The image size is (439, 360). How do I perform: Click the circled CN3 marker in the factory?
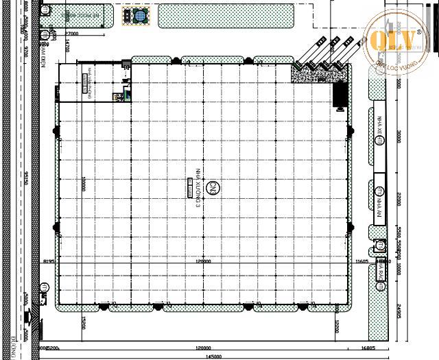[x=213, y=187]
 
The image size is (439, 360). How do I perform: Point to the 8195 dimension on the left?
[x=48, y=261]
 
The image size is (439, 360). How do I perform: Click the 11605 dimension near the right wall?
[x=362, y=261]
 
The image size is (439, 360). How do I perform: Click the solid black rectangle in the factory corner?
[x=339, y=94]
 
